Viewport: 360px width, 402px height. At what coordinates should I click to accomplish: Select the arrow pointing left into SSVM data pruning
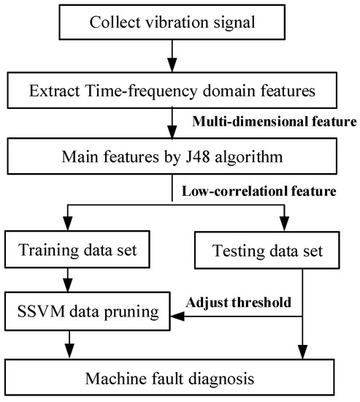[x=179, y=316]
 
